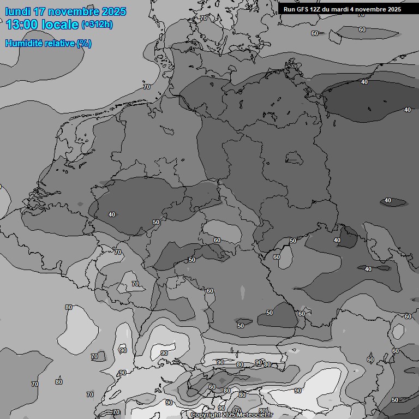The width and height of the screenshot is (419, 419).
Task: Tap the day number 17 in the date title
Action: (x=40, y=11)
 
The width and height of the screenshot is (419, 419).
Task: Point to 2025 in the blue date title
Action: (x=113, y=11)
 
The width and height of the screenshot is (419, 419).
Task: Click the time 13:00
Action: (x=21, y=25)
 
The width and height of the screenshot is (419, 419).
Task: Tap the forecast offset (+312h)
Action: (x=97, y=25)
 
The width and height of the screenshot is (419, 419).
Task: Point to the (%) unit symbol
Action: (x=84, y=43)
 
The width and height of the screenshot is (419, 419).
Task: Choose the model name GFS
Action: (x=303, y=9)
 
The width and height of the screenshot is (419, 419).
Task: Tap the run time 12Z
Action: (x=316, y=9)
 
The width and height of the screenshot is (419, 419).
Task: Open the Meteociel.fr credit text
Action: (x=255, y=415)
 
